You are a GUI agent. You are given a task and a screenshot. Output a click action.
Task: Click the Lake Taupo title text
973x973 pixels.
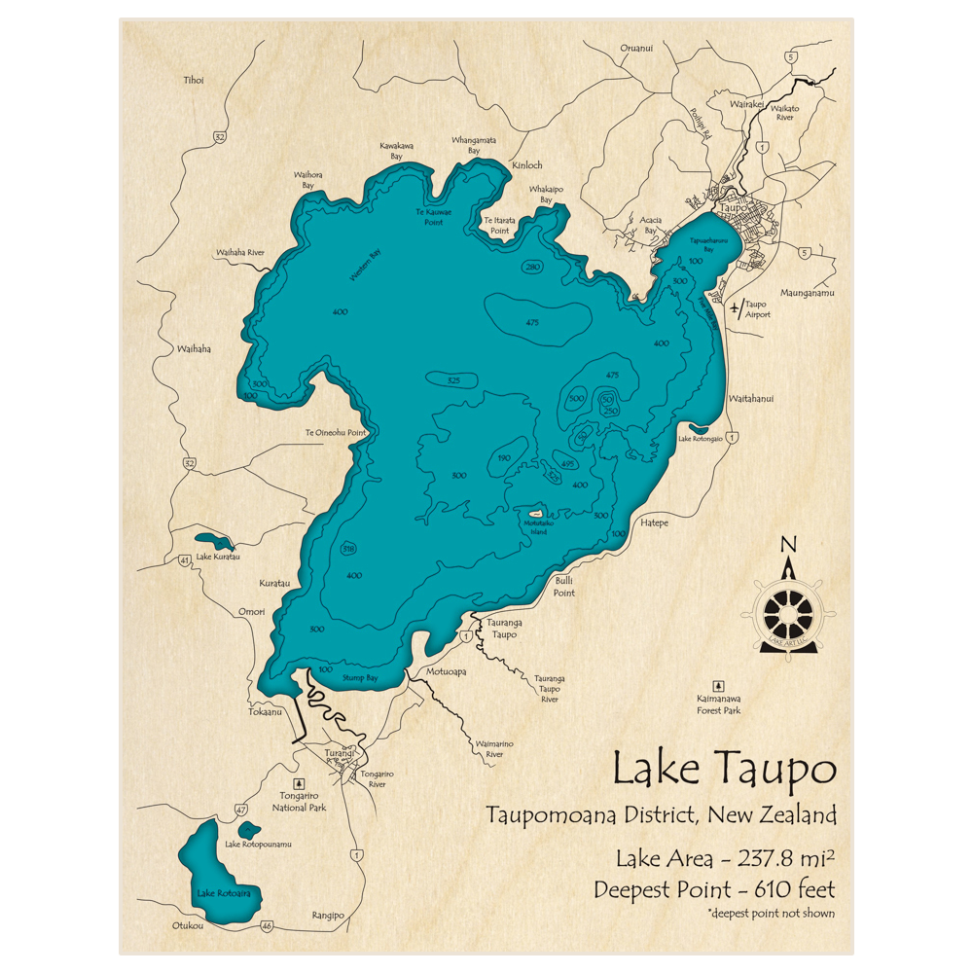tap(724, 770)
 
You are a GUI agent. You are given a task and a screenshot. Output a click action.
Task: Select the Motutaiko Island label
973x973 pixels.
tap(535, 526)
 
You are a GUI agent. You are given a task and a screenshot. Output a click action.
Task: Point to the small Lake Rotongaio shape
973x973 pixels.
tap(698, 427)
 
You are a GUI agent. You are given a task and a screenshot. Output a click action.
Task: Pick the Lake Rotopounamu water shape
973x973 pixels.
tap(250, 830)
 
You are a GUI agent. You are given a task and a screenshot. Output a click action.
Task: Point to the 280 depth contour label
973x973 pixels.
tap(532, 267)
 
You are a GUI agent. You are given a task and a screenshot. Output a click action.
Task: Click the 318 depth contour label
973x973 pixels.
tap(348, 550)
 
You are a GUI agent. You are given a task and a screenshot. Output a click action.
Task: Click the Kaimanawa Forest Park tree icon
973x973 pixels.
tap(718, 685)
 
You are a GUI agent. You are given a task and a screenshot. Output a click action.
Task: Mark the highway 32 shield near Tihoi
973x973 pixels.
tap(220, 137)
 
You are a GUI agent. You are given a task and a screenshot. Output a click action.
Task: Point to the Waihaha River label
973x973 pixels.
tap(240, 252)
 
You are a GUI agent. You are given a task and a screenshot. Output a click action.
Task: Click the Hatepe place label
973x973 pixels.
tap(654, 523)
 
